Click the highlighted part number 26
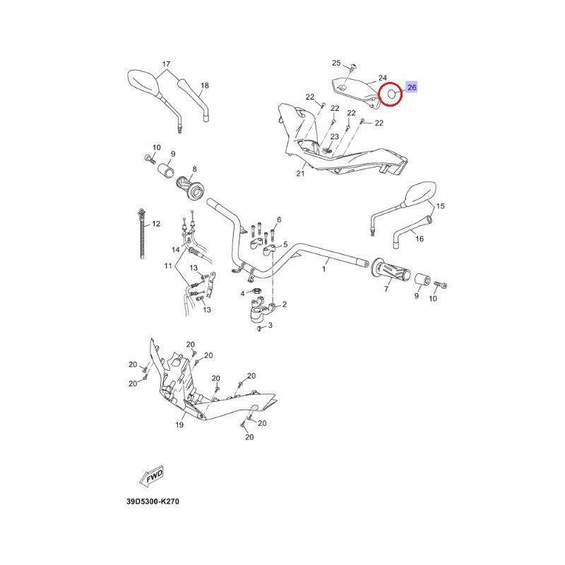click(x=412, y=87)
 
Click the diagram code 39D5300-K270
click(x=153, y=501)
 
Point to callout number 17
click(x=166, y=64)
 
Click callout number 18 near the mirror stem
click(x=205, y=85)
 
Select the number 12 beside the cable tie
click(x=156, y=224)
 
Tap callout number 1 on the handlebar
click(x=323, y=269)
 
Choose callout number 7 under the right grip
click(x=386, y=289)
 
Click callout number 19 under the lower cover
click(x=179, y=425)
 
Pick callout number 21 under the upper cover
click(x=301, y=173)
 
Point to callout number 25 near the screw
click(x=336, y=63)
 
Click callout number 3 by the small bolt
click(x=270, y=326)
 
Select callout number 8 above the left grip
click(x=195, y=169)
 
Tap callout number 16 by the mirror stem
click(x=420, y=239)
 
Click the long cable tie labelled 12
click(x=142, y=234)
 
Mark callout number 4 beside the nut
click(x=242, y=294)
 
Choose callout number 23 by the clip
click(x=335, y=136)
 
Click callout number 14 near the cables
click(x=175, y=250)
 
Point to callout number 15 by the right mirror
click(x=440, y=206)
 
